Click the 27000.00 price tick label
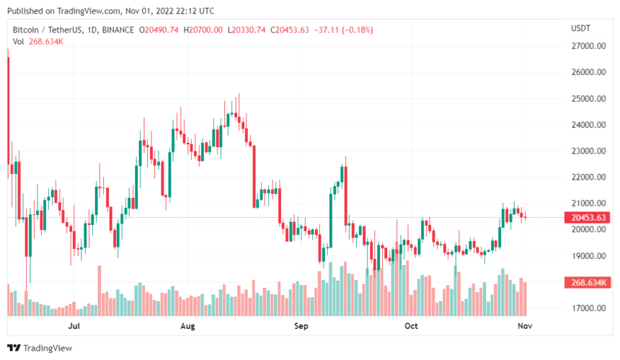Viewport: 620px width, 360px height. point(588,46)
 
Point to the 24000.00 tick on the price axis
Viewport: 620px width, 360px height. point(588,125)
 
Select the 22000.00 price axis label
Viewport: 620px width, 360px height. point(588,177)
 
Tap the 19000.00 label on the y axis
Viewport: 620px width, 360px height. point(588,256)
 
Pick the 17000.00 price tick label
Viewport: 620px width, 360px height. point(588,308)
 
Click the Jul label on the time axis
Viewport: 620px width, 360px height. point(73,326)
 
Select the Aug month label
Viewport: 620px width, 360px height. point(187,326)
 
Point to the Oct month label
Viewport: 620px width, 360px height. point(411,326)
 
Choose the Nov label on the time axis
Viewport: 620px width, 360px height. point(525,326)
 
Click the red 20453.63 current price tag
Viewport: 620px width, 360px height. point(587,217)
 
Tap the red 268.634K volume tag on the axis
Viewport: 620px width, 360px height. point(587,283)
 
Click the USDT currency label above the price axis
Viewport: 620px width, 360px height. point(580,27)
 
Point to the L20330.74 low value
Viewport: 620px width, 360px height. point(247,30)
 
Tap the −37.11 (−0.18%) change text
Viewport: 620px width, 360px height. point(343,30)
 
